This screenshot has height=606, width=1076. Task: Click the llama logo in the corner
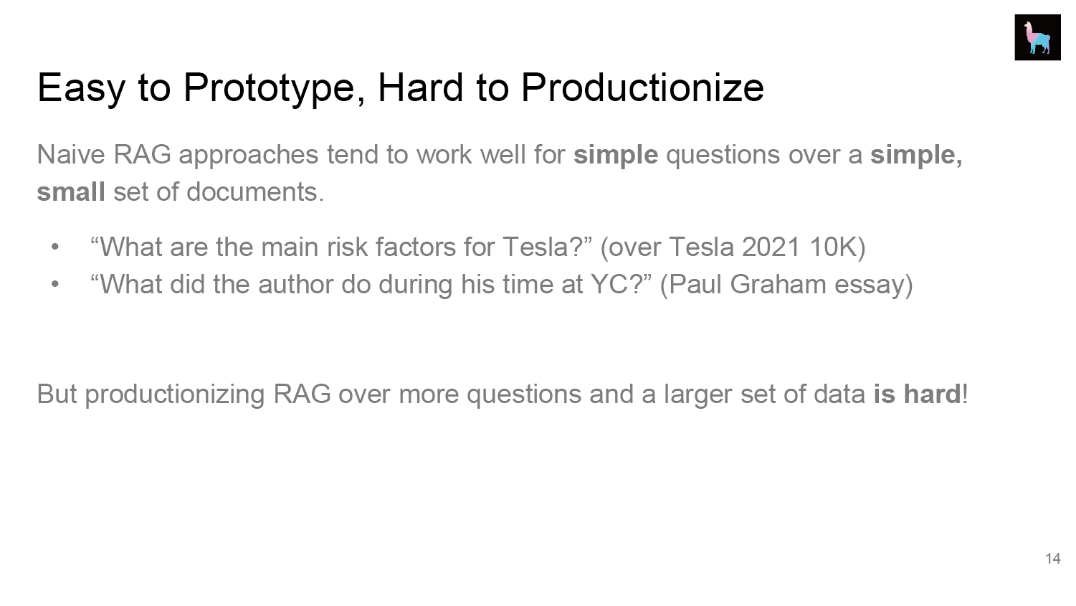1037,37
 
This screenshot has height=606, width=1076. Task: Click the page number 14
1053,559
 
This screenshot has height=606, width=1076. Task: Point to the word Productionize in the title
642,87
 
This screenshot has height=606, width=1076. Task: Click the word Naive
71,155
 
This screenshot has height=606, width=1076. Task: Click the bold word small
71,191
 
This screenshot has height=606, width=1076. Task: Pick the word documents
255,191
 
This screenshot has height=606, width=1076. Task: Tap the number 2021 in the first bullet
771,247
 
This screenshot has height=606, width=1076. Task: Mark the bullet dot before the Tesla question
54,247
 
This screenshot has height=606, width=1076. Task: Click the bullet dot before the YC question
54,285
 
